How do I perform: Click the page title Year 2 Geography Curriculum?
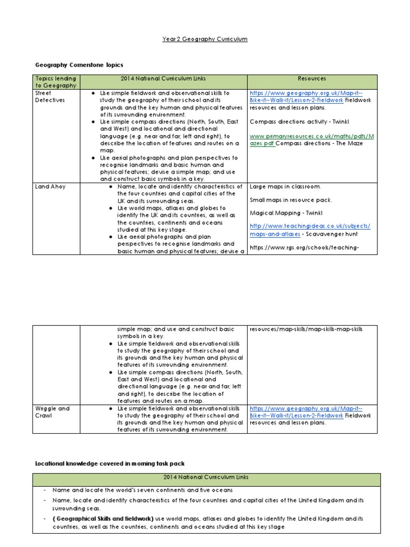[205, 39]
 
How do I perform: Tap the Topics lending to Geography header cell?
[56, 82]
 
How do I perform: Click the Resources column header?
[312, 79]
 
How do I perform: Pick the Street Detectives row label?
[50, 96]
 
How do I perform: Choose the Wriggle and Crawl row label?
[52, 412]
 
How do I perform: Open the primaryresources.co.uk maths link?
[313, 140]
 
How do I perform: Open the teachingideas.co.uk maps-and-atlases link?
[310, 229]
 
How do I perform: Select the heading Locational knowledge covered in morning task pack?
[110, 463]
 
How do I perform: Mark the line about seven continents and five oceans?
[143, 489]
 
